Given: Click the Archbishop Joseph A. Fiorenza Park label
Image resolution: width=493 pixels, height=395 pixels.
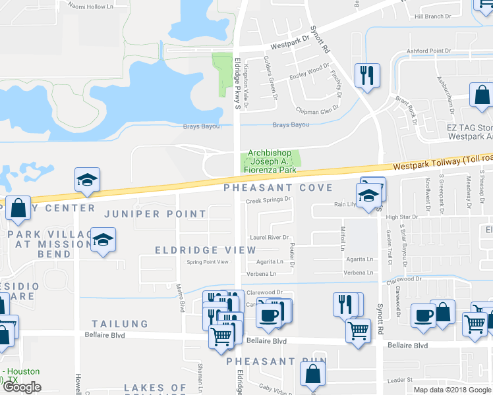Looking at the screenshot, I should [272, 161].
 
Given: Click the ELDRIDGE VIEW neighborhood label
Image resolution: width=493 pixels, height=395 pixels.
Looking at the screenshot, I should [205, 250].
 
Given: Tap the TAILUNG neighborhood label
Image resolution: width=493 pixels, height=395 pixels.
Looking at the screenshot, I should [120, 324].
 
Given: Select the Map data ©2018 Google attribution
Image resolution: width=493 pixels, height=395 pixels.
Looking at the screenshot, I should [452, 390].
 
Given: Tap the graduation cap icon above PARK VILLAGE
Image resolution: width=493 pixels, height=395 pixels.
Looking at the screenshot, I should [87, 181].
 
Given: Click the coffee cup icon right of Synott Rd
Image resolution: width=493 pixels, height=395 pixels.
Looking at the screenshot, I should [422, 315].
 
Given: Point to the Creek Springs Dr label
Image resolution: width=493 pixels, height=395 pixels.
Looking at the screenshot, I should [268, 201].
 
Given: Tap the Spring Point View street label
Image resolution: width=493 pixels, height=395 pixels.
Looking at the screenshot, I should [208, 262].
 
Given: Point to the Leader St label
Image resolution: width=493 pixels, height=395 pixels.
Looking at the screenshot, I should [399, 380].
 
